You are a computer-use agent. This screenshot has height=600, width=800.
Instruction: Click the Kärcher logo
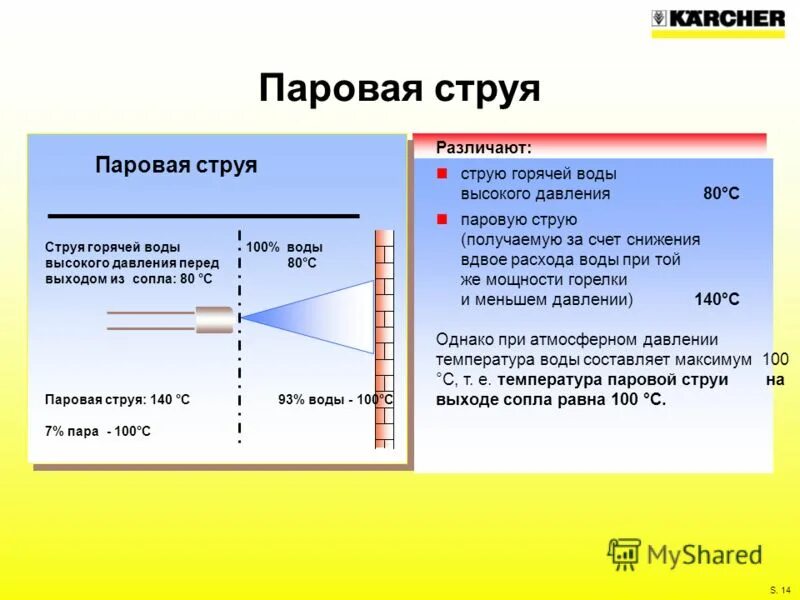[x=718, y=19]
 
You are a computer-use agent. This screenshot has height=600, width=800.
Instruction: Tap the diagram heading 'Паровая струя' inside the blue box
[x=176, y=165]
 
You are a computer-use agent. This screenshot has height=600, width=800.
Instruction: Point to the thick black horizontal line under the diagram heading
[x=204, y=215]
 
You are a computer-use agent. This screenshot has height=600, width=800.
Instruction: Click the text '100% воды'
[x=285, y=247]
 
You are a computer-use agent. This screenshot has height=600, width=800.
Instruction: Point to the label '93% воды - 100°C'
[x=335, y=400]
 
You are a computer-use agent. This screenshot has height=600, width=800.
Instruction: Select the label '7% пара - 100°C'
[x=98, y=431]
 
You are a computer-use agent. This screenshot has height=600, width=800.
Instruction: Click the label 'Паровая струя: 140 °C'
[x=117, y=400]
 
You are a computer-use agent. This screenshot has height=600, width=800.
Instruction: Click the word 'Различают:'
[x=483, y=148]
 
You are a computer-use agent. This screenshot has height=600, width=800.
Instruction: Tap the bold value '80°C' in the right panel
[x=721, y=194]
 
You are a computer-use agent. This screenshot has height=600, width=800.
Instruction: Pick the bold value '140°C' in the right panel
[x=717, y=299]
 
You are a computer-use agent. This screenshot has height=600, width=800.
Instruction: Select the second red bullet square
[x=442, y=219]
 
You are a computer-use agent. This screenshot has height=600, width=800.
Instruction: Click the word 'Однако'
[x=465, y=339]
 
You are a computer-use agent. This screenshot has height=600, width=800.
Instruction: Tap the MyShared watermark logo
[x=685, y=553]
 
